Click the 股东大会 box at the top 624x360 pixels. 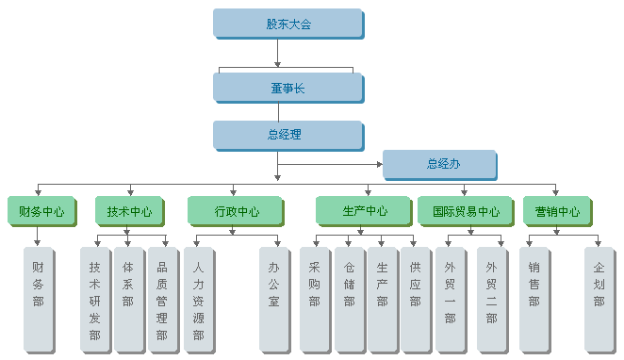[287, 24]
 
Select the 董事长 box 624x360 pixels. [287, 88]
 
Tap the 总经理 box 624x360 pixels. [287, 135]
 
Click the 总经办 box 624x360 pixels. [439, 164]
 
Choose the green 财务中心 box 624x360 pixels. [41, 211]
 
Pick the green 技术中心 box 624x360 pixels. [129, 211]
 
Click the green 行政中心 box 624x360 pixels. [236, 211]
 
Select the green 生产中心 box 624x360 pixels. [364, 211]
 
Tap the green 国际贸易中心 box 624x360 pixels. [466, 211]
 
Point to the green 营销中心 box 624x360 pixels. [557, 211]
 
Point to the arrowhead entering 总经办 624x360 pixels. [379, 164]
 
